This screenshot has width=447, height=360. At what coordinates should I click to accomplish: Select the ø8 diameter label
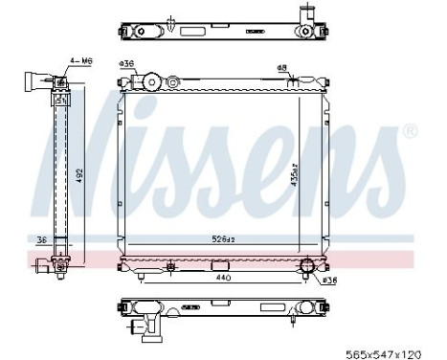[282, 66]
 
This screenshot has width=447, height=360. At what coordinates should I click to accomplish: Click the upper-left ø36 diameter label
[124, 63]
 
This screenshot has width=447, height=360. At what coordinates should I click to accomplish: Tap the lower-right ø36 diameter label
[328, 281]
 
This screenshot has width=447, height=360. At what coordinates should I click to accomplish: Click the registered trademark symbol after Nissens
[411, 130]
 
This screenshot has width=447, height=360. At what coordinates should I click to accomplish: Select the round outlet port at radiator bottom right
[308, 267]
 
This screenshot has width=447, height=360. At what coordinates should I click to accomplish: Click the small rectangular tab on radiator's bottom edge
[168, 265]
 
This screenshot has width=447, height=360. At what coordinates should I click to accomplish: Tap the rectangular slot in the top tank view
[255, 31]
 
